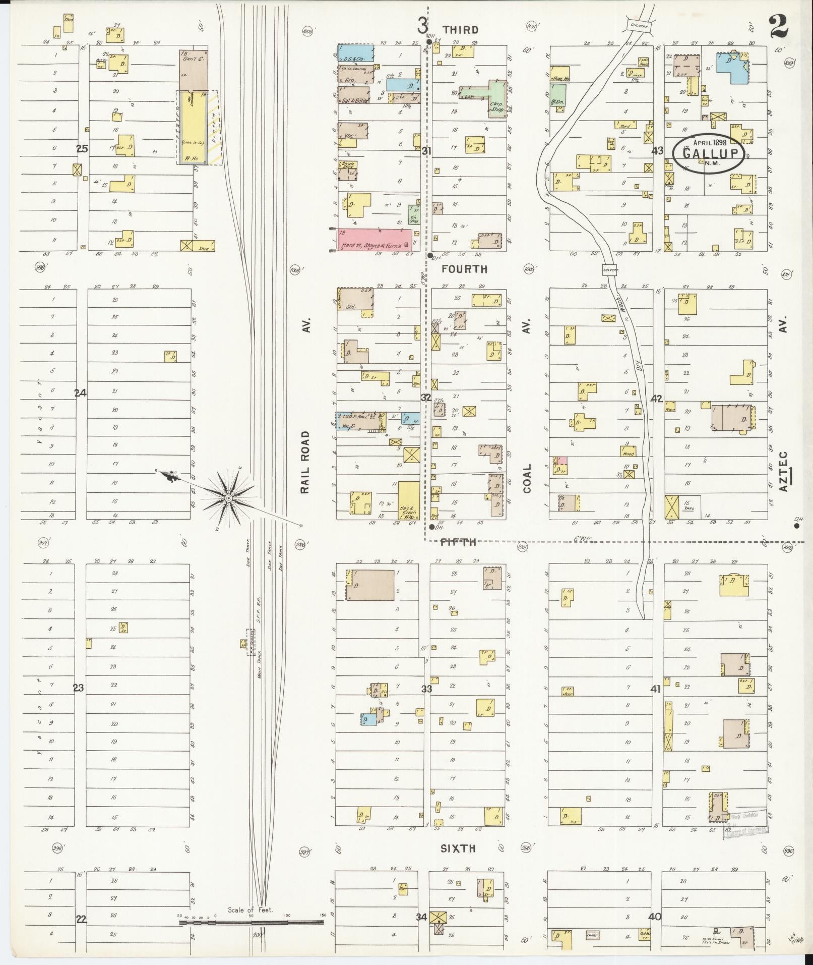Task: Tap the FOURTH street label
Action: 464,269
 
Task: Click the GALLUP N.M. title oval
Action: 707,153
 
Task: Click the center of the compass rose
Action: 229,498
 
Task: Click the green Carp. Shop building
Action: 496,98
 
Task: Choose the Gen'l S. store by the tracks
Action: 193,70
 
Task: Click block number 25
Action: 82,149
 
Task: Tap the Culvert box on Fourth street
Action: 610,270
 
